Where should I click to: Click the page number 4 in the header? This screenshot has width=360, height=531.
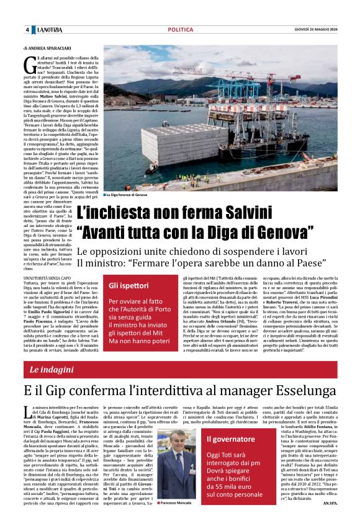tap(27, 30)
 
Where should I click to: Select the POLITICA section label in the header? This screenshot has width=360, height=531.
tap(180, 29)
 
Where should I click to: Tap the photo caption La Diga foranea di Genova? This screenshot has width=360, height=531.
tap(128, 195)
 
